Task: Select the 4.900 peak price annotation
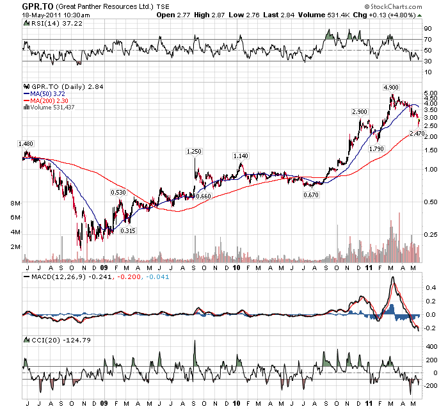pyautogui.click(x=392, y=87)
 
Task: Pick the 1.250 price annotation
pyautogui.click(x=194, y=152)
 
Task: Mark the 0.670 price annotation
pyautogui.click(x=311, y=195)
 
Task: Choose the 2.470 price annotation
pyautogui.click(x=417, y=133)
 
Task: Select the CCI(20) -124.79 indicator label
pyautogui.click(x=49, y=339)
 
